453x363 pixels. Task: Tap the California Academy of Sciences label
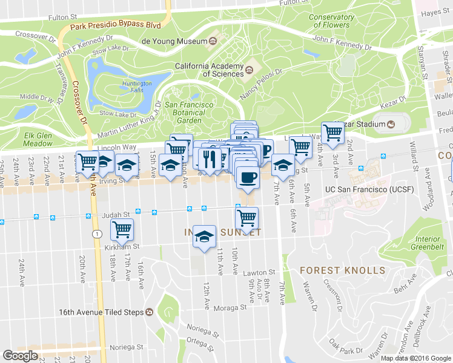(208, 70)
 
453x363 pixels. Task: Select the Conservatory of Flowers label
(331, 21)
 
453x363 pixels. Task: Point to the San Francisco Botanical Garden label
(189, 112)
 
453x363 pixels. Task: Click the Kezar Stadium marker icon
(391, 125)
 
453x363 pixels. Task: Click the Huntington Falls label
(137, 87)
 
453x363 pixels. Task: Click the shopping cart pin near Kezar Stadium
(332, 132)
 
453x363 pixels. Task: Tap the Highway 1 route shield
(96, 234)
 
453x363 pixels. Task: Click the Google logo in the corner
(20, 355)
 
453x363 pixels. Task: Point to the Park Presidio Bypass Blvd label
(115, 26)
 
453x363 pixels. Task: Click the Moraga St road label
(234, 307)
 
